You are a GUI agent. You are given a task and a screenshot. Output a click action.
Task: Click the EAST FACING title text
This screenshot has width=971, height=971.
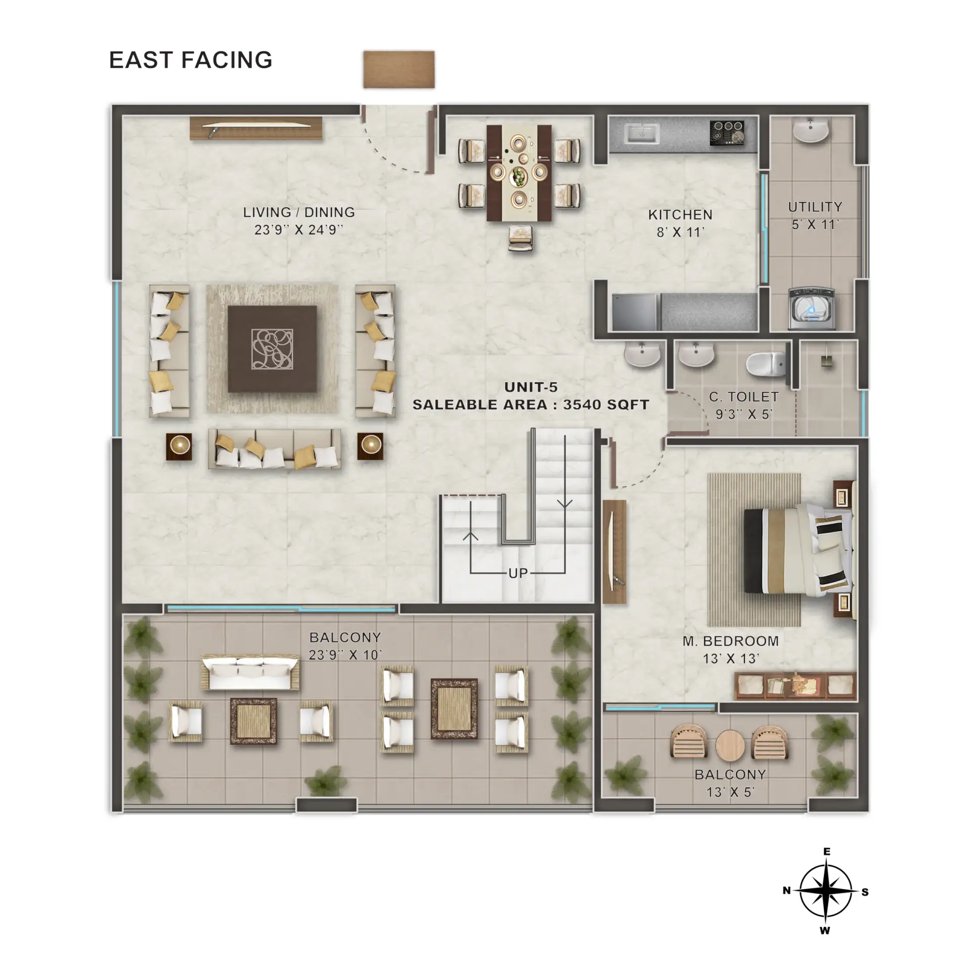tap(191, 60)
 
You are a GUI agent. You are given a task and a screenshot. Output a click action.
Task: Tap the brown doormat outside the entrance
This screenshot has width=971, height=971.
tap(399, 69)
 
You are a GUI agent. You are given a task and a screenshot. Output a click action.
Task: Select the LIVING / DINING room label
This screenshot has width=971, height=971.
tap(299, 212)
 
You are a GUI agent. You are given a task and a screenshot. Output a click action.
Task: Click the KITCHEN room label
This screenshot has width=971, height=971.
tap(680, 214)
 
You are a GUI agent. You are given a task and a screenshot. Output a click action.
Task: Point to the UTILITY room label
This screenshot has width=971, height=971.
tap(815, 207)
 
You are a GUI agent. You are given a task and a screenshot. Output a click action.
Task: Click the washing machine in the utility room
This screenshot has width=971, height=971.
tap(812, 308)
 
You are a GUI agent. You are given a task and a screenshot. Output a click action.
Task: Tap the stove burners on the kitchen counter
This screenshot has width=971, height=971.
tap(727, 133)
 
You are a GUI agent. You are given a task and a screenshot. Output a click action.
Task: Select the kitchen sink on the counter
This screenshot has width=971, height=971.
tap(642, 134)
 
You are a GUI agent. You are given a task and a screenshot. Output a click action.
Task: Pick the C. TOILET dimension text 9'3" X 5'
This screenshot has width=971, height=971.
tap(743, 414)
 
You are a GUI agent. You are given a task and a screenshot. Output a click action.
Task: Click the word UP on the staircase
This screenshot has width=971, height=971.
tap(518, 573)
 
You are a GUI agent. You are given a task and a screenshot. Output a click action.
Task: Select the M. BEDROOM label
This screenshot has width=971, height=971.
tap(731, 641)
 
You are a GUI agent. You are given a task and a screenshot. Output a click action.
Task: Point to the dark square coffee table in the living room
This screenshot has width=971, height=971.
tap(272, 349)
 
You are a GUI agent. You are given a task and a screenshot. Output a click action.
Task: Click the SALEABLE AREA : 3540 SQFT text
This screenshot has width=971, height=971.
tap(531, 405)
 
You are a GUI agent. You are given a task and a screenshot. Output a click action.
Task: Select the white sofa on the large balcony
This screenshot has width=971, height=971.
tap(250, 673)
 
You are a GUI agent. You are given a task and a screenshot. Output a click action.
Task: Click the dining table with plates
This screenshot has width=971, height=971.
tap(519, 173)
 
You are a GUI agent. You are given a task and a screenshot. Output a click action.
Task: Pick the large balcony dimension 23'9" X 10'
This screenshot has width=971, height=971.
tap(345, 655)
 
